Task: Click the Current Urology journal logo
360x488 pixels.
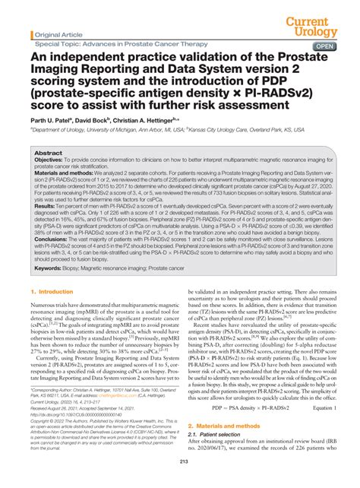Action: pos(319,21)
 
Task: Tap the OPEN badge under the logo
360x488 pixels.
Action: pos(326,45)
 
